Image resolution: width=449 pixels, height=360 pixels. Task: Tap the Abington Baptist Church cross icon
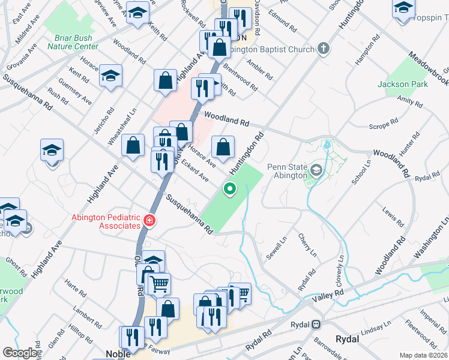click(x=324, y=49)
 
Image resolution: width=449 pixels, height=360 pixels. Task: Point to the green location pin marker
click(x=229, y=190)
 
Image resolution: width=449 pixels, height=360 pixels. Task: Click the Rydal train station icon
click(x=316, y=325)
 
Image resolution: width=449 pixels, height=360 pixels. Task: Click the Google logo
click(x=20, y=353)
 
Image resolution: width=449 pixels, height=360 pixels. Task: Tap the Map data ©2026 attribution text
click(x=424, y=355)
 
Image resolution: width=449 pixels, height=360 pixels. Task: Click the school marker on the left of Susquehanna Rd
click(x=52, y=150)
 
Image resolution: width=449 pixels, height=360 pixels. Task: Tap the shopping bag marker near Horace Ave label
click(x=223, y=146)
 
